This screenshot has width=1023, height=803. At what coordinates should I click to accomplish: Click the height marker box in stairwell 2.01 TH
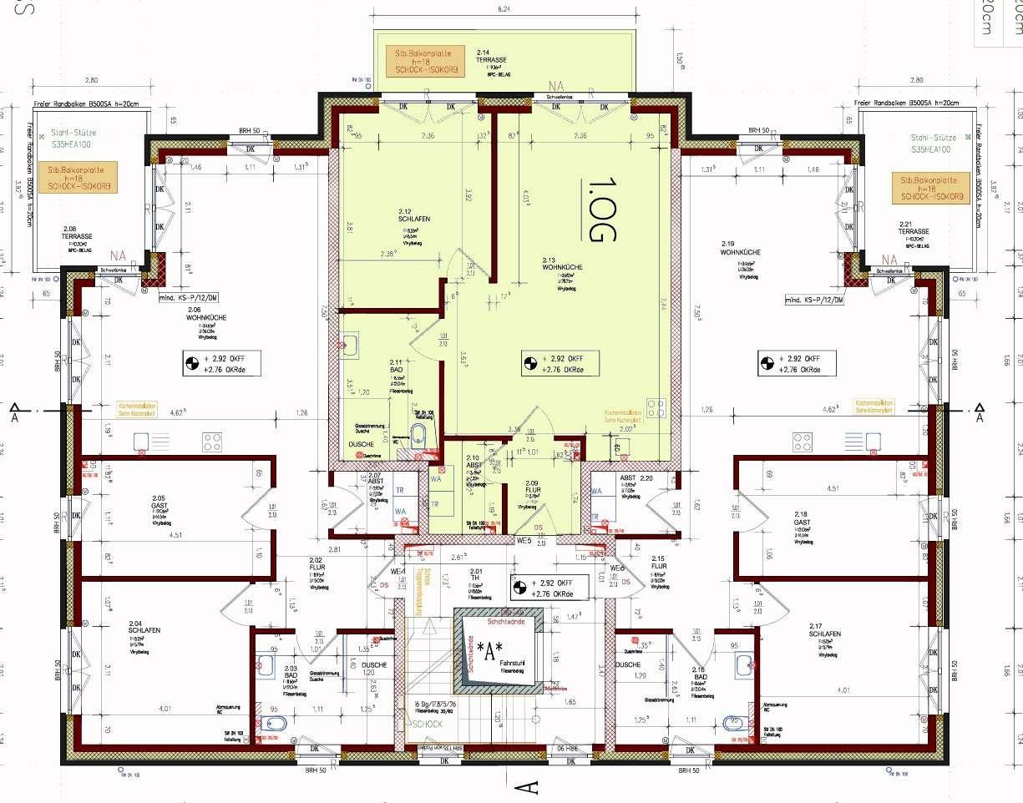click(x=549, y=588)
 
